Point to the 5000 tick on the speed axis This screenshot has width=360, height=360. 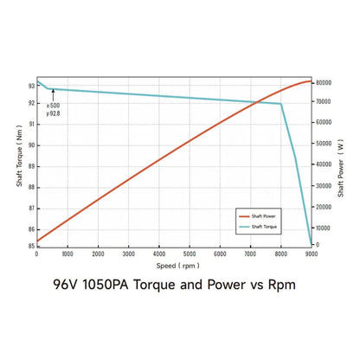pos(190,254)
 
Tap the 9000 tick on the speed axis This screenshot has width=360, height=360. pos(312,254)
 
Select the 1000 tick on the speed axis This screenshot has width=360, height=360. pos(67,254)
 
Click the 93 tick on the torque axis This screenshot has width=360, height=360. pos(30,86)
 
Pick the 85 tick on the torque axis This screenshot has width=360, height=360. pos(30,246)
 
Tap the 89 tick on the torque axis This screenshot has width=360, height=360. pos(30,166)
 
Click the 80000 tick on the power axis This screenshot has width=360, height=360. pos(323,82)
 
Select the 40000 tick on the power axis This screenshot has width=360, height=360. pos(323,164)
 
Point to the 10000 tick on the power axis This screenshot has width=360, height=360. pos(323,225)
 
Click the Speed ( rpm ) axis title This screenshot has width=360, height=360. pos(174,266)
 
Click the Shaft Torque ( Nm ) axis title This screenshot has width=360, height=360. pos(18,164)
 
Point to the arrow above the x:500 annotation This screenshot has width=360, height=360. pos(52,95)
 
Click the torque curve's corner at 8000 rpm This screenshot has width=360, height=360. pos(281,104)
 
